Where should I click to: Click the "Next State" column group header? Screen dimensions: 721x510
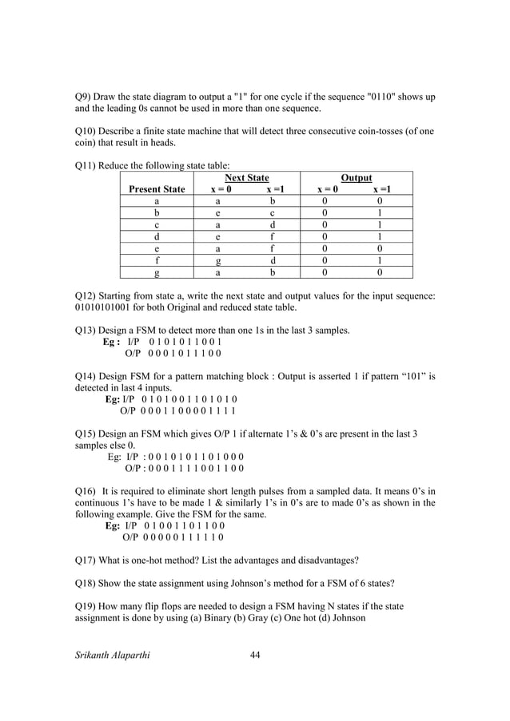245,177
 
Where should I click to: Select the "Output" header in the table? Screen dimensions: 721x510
356,177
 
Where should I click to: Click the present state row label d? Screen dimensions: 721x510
157,237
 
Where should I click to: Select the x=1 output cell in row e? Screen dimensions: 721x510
380,249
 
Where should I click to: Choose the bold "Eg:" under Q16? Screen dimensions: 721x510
113,526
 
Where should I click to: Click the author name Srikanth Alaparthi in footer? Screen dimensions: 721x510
112,655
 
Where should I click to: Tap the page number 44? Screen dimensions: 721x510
256,655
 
